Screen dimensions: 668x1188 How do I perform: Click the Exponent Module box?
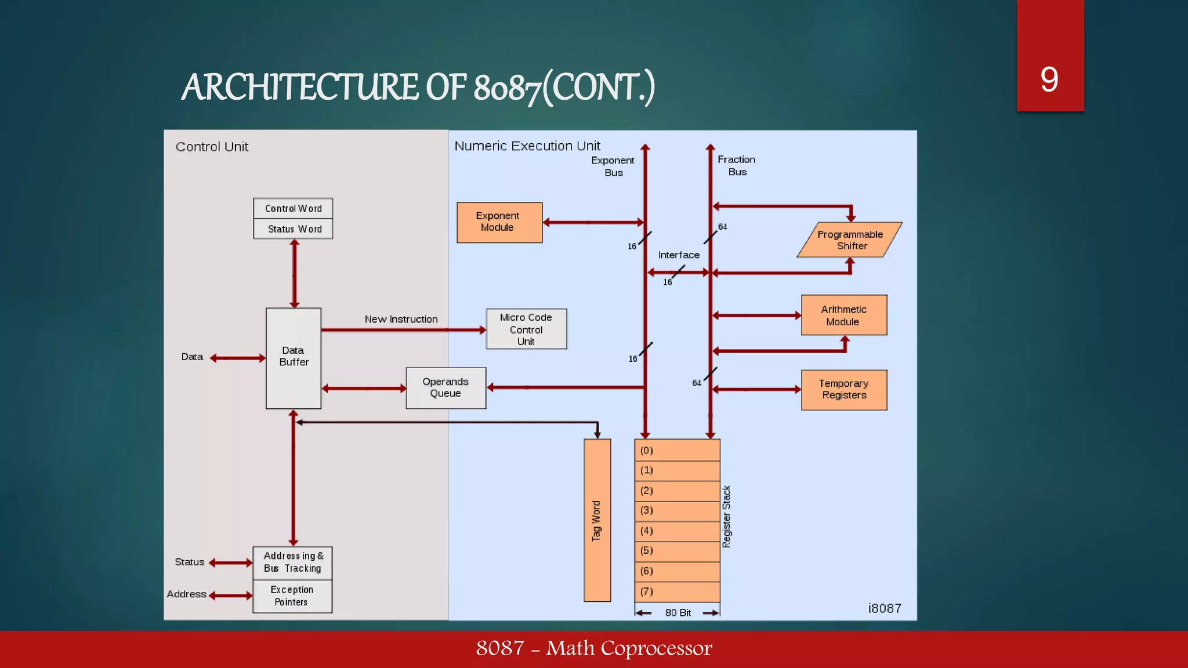point(499,222)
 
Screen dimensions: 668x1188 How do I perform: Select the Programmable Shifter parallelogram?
point(850,239)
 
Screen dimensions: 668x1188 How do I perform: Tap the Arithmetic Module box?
point(844,315)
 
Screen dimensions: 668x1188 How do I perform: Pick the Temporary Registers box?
point(844,390)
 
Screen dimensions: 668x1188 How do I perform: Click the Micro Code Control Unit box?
point(526,329)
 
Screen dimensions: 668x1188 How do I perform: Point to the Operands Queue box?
point(445,388)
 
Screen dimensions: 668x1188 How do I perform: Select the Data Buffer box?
point(294,358)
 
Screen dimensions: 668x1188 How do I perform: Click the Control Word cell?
point(293,208)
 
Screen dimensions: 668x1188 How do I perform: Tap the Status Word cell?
point(293,229)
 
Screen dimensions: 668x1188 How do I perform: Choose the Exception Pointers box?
point(292,596)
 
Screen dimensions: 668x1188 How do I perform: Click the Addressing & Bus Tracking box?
point(292,562)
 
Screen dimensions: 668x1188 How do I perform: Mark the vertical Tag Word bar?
point(597,520)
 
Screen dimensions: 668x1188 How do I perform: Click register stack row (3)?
point(677,511)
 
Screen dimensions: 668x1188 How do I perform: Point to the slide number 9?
point(1049,79)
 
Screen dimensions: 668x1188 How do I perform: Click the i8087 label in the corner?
point(885,608)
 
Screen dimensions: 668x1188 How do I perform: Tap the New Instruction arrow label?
point(401,320)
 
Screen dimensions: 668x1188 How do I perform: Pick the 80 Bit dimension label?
point(678,613)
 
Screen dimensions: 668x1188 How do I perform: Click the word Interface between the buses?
point(679,255)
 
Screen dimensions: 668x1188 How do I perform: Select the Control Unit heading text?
point(212,147)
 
